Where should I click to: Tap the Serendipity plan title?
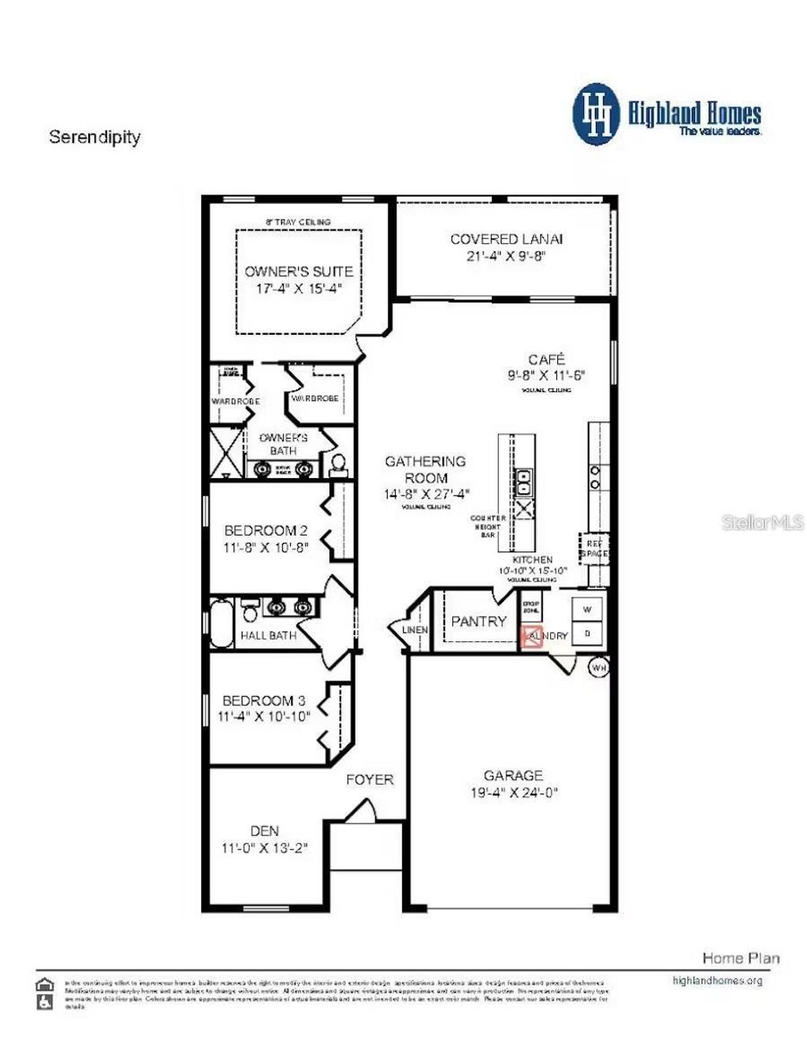point(95,137)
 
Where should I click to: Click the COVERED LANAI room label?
point(506,239)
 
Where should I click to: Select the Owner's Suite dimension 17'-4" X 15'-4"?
point(299,288)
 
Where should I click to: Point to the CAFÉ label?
point(546,359)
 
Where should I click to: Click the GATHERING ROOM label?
point(426,470)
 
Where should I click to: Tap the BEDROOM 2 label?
point(266,530)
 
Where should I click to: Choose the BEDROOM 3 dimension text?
point(264,717)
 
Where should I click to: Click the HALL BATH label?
point(268,635)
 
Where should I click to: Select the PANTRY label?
point(478,622)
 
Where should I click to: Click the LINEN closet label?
point(415,630)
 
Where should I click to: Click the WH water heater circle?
point(599,667)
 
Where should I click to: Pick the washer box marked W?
point(587,609)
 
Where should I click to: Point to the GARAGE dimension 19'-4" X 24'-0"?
point(514,792)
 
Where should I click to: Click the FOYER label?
point(370,780)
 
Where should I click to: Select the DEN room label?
point(265,830)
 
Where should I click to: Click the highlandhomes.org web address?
point(717,981)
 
